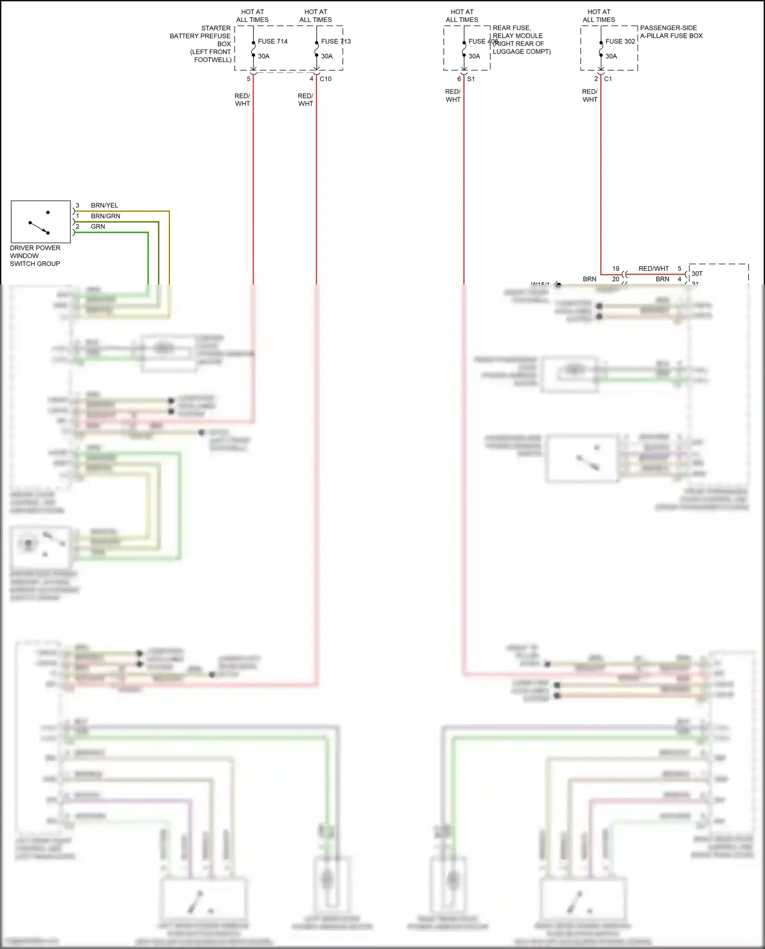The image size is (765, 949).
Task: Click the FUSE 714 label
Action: (273, 41)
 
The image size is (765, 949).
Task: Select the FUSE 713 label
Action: (336, 41)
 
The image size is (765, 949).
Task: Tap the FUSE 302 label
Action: (620, 41)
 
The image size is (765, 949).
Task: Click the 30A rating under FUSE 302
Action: (611, 56)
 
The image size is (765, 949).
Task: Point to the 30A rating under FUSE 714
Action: (264, 56)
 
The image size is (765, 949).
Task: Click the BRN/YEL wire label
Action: (105, 206)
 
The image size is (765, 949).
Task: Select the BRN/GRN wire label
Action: (106, 216)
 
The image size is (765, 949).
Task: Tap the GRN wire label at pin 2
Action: (98, 226)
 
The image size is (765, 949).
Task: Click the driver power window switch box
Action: (41, 222)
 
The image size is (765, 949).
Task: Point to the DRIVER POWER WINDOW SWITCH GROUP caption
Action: (35, 256)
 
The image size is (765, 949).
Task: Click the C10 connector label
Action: (325, 79)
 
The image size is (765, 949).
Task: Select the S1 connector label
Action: (471, 79)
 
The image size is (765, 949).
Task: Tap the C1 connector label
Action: (608, 79)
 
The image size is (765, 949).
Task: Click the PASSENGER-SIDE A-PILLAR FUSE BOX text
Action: (671, 32)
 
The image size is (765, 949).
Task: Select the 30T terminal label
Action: (697, 274)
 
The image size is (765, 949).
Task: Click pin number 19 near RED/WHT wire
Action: (616, 269)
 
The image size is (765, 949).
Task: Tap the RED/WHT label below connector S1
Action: (453, 96)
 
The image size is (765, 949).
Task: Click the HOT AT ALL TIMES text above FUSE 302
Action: (599, 16)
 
